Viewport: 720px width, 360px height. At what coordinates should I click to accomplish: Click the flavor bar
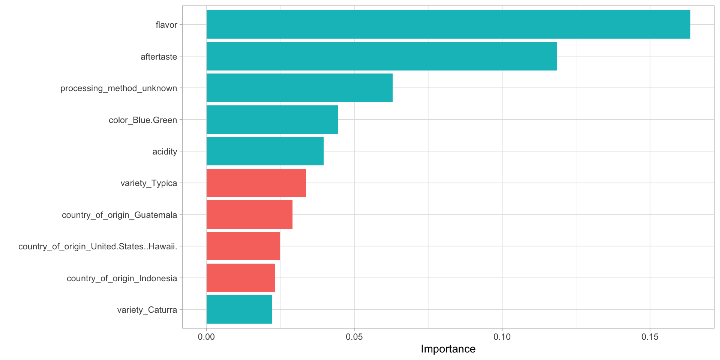(x=448, y=24)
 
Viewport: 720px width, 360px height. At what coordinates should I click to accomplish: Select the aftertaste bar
(x=382, y=56)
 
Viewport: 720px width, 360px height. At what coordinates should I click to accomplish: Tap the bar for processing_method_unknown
(x=299, y=88)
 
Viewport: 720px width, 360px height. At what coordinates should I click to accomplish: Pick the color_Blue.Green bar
(x=272, y=120)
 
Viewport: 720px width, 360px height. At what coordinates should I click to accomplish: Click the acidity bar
(x=265, y=151)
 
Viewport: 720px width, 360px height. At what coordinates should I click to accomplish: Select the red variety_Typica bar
(x=256, y=183)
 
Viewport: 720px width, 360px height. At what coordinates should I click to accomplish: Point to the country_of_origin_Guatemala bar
(x=249, y=214)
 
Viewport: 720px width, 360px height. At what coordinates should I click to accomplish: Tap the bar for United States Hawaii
(x=243, y=246)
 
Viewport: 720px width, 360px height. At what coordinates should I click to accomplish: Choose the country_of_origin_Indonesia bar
(x=240, y=278)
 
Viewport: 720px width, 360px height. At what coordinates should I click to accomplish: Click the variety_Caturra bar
(x=239, y=309)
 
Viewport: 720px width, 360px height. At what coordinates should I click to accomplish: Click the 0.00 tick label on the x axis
(x=206, y=337)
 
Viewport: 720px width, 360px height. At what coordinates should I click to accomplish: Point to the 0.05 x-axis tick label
(x=354, y=337)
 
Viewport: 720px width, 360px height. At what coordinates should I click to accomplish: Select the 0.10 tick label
(x=502, y=337)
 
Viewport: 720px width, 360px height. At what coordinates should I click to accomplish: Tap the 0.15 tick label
(x=649, y=337)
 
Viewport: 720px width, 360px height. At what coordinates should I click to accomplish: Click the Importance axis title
(x=448, y=349)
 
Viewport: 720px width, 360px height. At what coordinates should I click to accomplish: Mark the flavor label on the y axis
(x=166, y=25)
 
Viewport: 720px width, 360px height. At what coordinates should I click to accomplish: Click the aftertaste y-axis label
(x=159, y=57)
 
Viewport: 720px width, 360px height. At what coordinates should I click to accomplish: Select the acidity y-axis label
(x=165, y=152)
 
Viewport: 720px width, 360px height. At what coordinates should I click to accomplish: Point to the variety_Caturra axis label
(x=147, y=310)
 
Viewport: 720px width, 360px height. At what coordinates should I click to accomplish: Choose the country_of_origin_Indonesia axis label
(x=122, y=279)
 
